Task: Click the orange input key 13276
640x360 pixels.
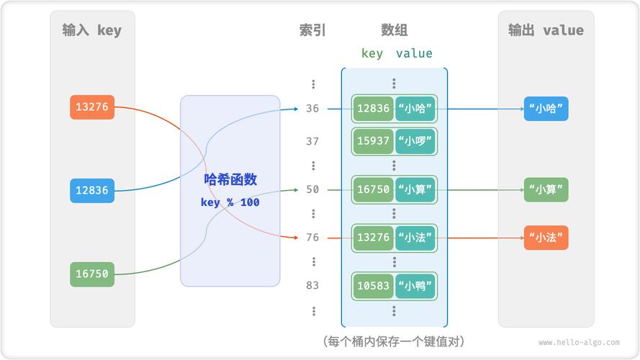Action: (x=92, y=107)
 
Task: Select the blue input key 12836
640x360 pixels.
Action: (x=92, y=191)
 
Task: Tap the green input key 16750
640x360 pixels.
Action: (x=92, y=274)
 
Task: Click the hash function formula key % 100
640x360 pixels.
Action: (x=230, y=202)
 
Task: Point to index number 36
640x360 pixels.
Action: (x=312, y=109)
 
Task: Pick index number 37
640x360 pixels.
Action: (x=312, y=141)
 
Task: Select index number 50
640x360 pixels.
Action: (x=312, y=189)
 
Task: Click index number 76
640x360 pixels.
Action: (x=312, y=238)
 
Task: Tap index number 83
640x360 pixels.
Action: (x=312, y=285)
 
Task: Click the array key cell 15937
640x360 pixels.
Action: (x=373, y=141)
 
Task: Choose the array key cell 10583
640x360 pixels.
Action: (x=373, y=286)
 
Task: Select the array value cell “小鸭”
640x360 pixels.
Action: (x=415, y=286)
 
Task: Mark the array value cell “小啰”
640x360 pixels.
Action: (x=415, y=141)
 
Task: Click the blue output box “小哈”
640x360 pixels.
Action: (x=546, y=109)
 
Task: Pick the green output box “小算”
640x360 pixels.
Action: (x=546, y=190)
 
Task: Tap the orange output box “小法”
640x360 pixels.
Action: (x=546, y=238)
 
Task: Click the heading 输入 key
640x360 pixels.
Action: (x=92, y=30)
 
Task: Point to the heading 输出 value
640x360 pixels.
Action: (x=546, y=30)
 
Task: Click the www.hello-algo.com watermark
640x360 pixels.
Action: (x=579, y=343)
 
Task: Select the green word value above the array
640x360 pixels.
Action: (x=414, y=53)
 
